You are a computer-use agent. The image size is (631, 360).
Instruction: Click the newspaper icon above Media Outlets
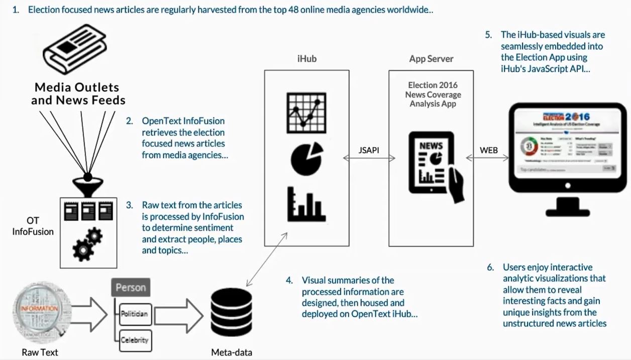coord(75,51)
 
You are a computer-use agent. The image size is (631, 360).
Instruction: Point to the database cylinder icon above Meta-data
coord(232,316)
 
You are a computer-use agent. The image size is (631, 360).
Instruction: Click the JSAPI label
coord(369,150)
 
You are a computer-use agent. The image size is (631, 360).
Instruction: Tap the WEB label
coord(489,150)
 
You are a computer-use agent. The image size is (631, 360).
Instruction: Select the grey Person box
coord(131,288)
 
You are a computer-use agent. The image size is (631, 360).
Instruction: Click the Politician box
coord(134,314)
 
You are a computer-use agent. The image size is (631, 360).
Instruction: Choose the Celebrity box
coord(134,340)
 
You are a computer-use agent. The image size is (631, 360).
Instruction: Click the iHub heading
coord(306,59)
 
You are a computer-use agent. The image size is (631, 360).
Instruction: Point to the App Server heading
coord(431,59)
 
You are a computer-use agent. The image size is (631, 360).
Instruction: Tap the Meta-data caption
coord(232,352)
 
